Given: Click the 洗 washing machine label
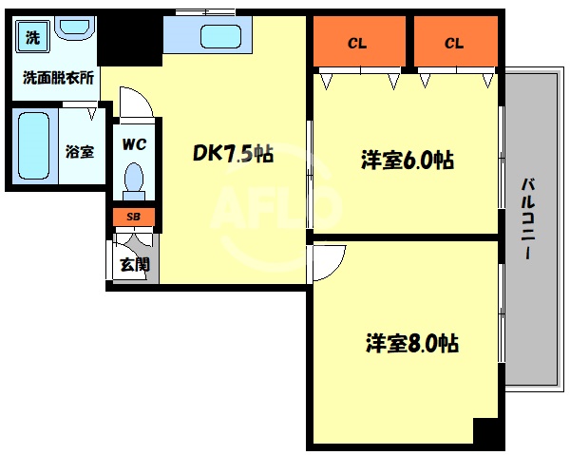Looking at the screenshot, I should [x=33, y=39].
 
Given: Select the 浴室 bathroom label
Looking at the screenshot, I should [x=79, y=150].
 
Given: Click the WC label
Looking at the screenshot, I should [x=133, y=146].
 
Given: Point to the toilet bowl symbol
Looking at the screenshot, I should [x=134, y=178].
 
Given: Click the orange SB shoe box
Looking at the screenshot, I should [x=134, y=217].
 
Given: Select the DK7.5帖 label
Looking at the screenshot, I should [x=233, y=153].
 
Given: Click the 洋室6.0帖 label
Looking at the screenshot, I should [x=406, y=160].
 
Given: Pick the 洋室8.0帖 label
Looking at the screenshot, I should [x=411, y=343].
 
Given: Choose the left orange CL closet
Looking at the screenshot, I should [x=357, y=43].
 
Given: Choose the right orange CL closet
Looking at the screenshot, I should [x=454, y=43].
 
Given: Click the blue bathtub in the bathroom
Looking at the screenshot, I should [x=33, y=146].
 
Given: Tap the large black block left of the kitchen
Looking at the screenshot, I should [x=130, y=41].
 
